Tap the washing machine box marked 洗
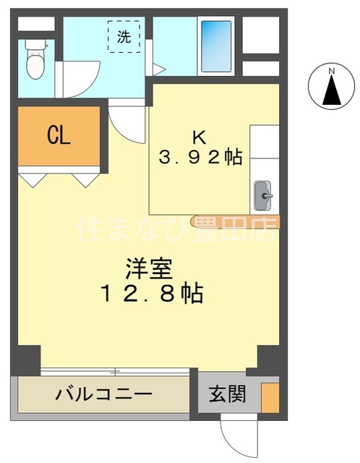[x=124, y=37]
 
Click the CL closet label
[x=59, y=135]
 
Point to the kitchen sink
[x=263, y=194]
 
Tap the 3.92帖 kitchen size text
[x=200, y=156]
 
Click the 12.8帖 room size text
[x=152, y=294]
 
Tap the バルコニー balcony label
[x=104, y=395]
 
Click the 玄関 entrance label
[x=227, y=395]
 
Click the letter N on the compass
[x=331, y=71]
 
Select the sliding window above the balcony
[x=116, y=372]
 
